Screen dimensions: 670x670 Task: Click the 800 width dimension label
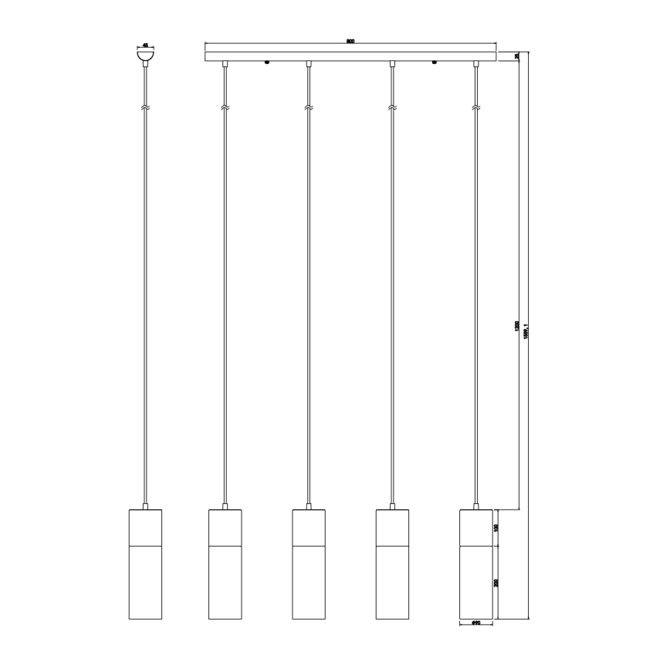point(350,40)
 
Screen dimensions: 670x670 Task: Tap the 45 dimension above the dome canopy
point(145,45)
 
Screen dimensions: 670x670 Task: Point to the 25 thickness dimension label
point(516,56)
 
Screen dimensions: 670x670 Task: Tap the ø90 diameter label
point(475,624)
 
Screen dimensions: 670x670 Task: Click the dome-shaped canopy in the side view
point(145,56)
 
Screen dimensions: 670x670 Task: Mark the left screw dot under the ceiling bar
point(266,63)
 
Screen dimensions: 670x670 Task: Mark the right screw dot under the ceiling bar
point(434,63)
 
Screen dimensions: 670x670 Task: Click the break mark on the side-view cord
point(145,106)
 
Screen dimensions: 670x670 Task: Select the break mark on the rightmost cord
point(475,106)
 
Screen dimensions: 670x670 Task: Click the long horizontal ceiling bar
point(350,56)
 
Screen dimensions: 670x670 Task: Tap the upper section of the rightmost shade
point(475,528)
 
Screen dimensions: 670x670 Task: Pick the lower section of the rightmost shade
point(475,583)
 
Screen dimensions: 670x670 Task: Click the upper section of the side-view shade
point(145,528)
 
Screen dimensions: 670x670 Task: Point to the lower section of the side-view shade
point(145,583)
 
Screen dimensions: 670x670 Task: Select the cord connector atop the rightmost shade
point(475,507)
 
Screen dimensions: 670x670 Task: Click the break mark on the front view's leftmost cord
point(224,106)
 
